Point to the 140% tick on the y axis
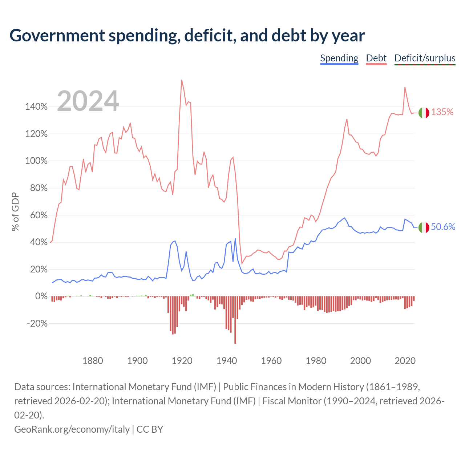tap(36, 106)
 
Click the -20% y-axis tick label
tap(37, 323)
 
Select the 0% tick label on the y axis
tap(41, 296)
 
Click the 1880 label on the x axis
tap(93, 361)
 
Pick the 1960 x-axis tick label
tap(271, 361)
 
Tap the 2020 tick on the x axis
tap(405, 361)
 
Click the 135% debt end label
tap(442, 112)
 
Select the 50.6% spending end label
tap(443, 227)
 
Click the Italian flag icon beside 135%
tap(424, 113)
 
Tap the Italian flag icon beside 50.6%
tap(424, 227)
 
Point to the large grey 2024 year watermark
tap(88, 101)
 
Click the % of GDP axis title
tap(15, 212)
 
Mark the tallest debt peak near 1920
tap(182, 80)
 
